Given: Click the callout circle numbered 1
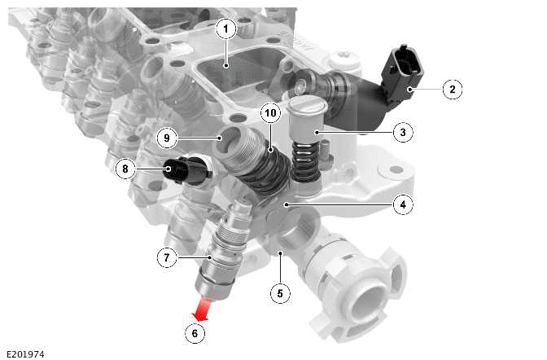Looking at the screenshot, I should [225, 29].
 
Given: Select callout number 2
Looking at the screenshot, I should [453, 89].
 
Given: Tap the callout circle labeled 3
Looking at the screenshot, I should [401, 130].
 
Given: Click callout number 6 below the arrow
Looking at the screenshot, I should [194, 332].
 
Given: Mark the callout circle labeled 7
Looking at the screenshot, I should [167, 258].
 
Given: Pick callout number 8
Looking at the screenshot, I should [125, 169].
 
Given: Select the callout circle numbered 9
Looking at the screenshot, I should [167, 138].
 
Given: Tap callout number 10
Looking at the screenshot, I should [271, 111].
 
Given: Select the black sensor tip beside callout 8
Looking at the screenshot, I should [177, 170].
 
